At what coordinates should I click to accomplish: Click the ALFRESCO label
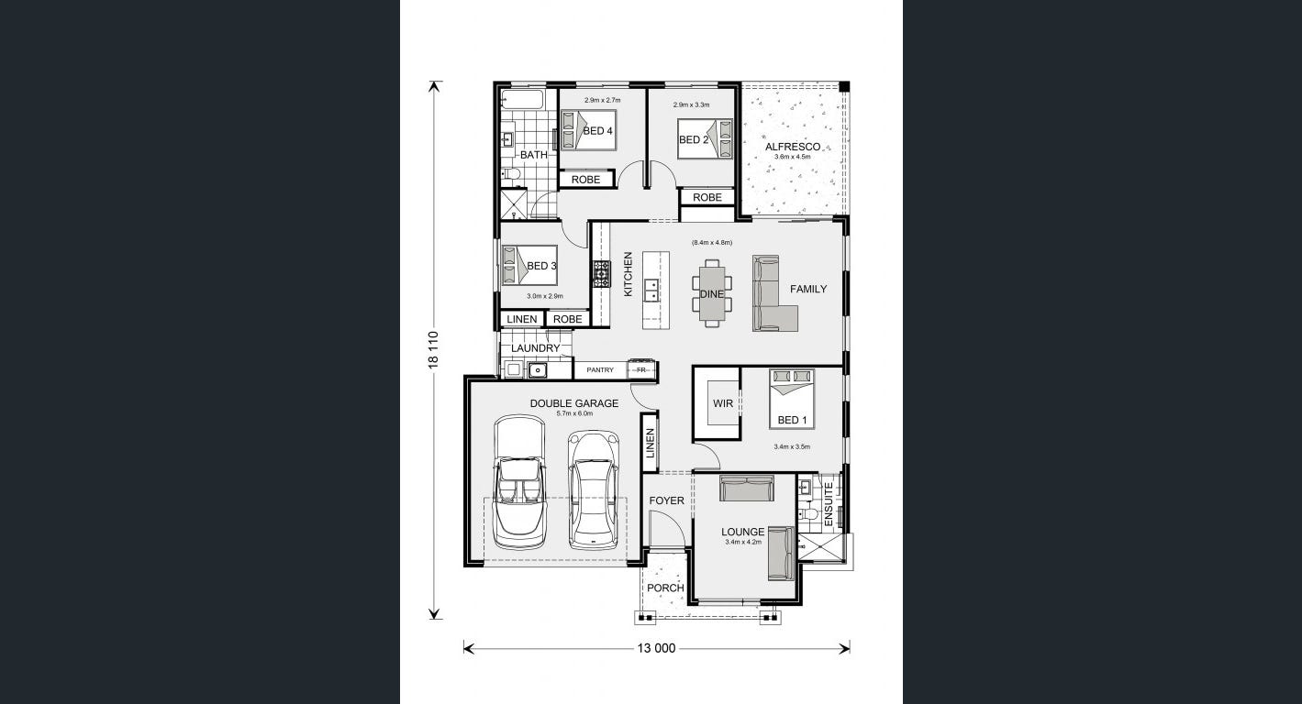792,147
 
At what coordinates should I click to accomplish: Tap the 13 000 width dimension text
656,648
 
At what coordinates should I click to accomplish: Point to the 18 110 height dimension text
433,349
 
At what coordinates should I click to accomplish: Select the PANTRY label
600,370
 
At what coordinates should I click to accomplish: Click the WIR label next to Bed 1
723,403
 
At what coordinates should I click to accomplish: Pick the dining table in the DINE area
712,293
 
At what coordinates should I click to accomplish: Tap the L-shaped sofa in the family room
774,293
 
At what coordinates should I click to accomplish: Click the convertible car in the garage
519,481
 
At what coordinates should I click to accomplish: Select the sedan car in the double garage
594,490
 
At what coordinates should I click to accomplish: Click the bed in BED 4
587,130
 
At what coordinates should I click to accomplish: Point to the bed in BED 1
792,399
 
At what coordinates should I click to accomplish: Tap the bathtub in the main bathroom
522,99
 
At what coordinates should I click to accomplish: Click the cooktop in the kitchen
601,273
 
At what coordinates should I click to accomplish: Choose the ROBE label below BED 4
585,180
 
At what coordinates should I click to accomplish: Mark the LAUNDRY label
535,348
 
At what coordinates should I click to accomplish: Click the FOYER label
667,500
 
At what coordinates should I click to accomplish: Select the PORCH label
665,588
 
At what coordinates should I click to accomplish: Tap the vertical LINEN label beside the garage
650,443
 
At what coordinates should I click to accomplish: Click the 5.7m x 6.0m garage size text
574,413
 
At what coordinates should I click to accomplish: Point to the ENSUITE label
829,504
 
